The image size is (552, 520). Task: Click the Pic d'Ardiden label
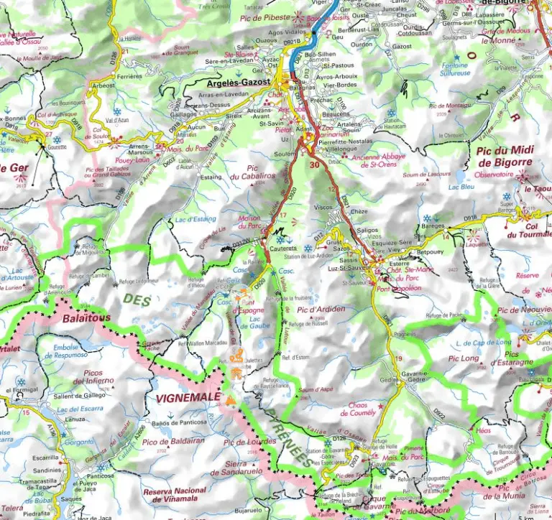[x=321, y=310]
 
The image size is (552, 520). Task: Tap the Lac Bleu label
[x=461, y=187]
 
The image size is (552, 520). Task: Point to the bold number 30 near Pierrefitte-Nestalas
[x=313, y=164]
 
